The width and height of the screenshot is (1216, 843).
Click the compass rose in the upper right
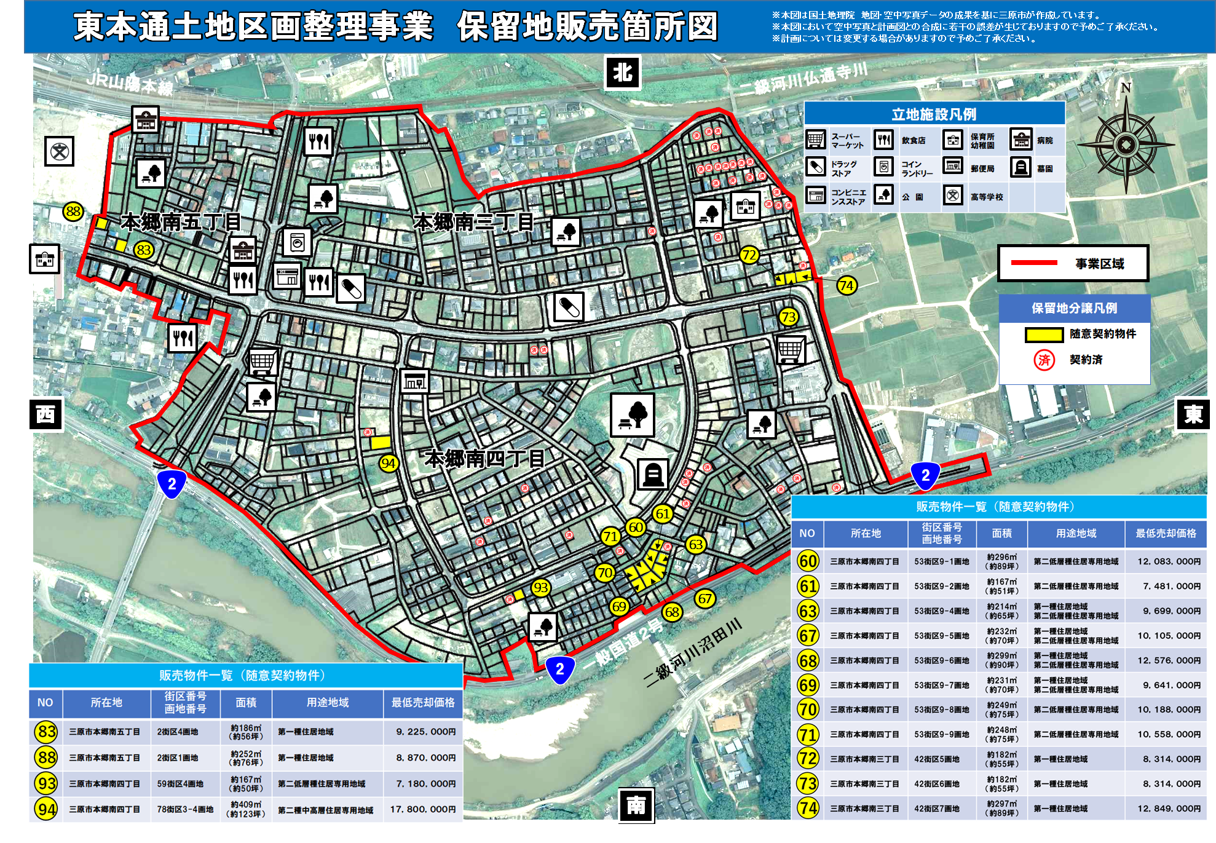1126,144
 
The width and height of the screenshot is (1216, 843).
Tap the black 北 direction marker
622,73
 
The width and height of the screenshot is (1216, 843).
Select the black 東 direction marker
1193,414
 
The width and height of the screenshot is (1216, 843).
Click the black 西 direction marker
45,414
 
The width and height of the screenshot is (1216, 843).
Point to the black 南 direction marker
636,805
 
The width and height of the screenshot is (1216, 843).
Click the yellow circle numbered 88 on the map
73,212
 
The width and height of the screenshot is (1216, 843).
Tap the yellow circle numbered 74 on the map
847,285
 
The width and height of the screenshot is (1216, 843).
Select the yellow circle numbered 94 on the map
388,463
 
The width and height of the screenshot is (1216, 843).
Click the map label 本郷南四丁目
484,458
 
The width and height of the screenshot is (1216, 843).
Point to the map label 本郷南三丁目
473,221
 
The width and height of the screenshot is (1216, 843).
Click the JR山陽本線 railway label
130,84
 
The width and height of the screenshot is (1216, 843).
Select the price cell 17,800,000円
423,809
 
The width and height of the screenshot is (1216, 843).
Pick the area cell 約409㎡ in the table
246,809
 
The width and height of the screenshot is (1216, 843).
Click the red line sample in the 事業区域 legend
1034,263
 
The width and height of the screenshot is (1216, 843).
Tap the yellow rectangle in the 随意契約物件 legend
1044,334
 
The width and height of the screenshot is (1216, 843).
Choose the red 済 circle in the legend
1044,360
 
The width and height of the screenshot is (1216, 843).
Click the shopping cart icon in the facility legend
816,140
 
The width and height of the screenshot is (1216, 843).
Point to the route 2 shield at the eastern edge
925,476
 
